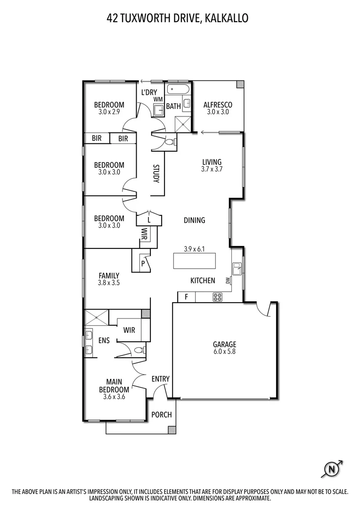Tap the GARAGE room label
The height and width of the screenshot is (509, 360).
coord(224,344)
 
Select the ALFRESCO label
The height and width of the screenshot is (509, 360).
coord(218,105)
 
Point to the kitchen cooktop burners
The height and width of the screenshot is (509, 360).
coord(218,297)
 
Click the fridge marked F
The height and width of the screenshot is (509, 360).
coord(187,297)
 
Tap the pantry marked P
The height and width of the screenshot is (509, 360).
coord(143,264)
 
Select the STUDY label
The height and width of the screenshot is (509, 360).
coord(156,173)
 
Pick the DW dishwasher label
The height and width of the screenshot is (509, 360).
coord(228,280)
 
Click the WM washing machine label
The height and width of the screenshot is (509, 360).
coord(158,99)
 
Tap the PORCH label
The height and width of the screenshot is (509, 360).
coord(161,415)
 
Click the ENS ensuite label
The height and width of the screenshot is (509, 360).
coord(104,340)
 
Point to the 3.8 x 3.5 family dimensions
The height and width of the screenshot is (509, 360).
coord(109,283)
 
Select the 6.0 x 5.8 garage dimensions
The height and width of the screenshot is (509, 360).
coord(224,352)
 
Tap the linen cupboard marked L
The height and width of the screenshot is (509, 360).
coord(149,220)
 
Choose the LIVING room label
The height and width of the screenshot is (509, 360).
coord(212,162)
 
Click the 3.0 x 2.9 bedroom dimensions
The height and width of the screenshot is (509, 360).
coord(109,112)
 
